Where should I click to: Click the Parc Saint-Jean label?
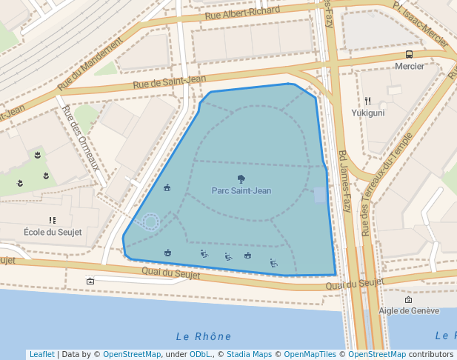pyautogui.click(x=241, y=190)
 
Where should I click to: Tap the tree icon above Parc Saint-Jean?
pyautogui.click(x=241, y=179)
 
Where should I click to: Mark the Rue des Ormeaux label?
pyautogui.click(x=81, y=137)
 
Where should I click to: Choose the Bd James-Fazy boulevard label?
pyautogui.click(x=344, y=181)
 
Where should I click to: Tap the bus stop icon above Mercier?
pyautogui.click(x=410, y=55)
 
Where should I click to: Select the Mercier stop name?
pyautogui.click(x=410, y=66)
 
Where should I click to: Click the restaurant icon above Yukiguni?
pyautogui.click(x=367, y=101)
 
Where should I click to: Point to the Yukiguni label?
pyautogui.click(x=367, y=113)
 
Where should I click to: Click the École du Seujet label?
pyautogui.click(x=53, y=232)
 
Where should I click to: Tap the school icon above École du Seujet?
pyautogui.click(x=53, y=220)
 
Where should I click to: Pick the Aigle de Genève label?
pyautogui.click(x=409, y=311)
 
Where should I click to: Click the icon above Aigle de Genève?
pyautogui.click(x=409, y=300)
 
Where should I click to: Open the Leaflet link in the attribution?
pyautogui.click(x=41, y=354)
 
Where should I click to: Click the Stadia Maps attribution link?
pyautogui.click(x=249, y=354)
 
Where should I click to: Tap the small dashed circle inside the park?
pyautogui.click(x=151, y=221)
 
